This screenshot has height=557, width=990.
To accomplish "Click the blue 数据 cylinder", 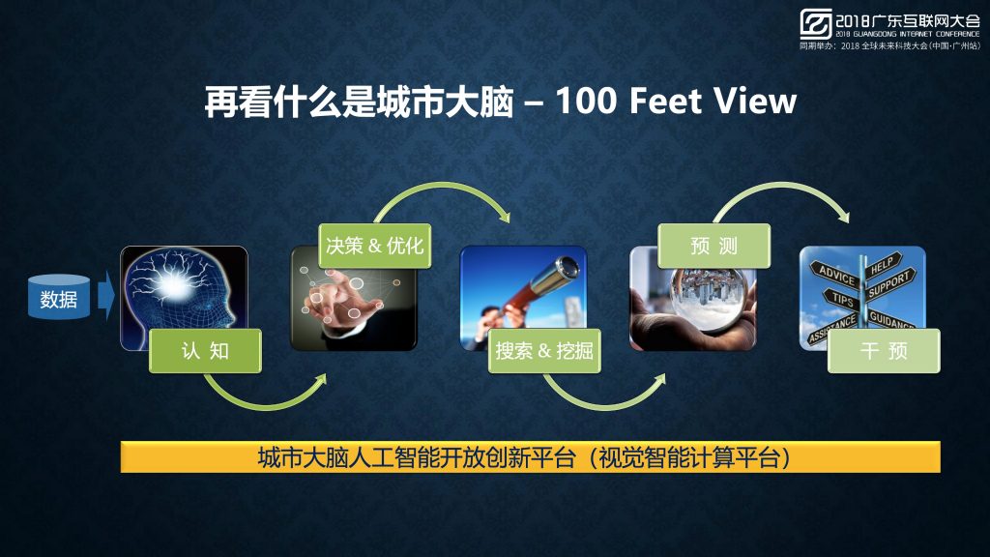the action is click(x=59, y=297).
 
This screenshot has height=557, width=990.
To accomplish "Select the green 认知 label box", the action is click(x=205, y=350).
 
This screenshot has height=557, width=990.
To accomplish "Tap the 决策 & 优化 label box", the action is click(x=375, y=246).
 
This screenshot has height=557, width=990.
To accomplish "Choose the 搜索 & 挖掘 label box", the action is click(x=544, y=350).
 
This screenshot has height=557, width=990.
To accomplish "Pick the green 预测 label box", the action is click(x=714, y=246).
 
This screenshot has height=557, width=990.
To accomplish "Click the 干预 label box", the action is click(x=884, y=350).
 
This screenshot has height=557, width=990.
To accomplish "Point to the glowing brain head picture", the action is click(x=184, y=298).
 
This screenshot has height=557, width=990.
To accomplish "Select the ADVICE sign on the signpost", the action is click(x=836, y=276).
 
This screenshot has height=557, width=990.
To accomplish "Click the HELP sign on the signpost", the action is click(x=883, y=264).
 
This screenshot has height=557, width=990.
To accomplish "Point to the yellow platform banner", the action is click(x=531, y=457).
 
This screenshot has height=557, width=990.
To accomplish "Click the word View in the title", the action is click(x=755, y=101).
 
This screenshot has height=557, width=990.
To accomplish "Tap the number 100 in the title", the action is click(x=585, y=101).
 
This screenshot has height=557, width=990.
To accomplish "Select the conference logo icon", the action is click(x=816, y=24).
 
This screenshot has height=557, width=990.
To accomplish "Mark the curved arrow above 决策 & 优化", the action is click(x=442, y=186).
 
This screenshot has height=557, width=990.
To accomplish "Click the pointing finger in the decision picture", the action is click(x=334, y=296).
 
